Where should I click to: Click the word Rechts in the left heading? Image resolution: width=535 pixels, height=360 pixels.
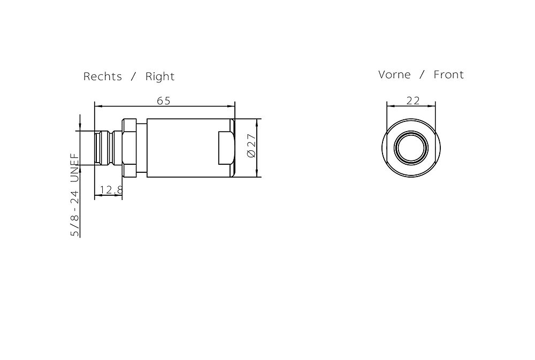click(103, 76)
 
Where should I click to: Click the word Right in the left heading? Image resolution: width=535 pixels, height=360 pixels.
click(160, 76)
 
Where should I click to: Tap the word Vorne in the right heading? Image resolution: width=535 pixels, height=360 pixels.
click(394, 75)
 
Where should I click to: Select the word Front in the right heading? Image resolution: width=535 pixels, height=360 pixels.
click(448, 75)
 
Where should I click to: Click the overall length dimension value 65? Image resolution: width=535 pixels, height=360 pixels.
click(164, 101)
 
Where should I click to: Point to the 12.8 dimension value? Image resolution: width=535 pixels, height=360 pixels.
click(111, 189)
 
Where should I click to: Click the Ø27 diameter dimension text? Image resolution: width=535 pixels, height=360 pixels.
click(251, 145)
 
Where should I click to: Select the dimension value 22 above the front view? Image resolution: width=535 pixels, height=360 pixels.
click(413, 100)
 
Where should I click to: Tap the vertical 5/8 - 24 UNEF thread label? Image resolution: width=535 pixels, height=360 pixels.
click(75, 195)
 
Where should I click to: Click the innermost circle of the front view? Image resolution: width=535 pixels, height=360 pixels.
click(411, 147)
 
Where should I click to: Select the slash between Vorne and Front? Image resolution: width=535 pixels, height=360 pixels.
click(422, 75)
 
